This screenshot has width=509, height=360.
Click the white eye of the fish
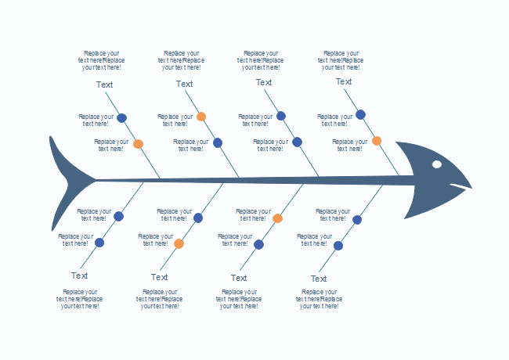point(437,164)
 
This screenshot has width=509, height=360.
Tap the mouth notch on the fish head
point(452,186)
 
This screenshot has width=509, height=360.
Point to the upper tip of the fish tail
point(51,138)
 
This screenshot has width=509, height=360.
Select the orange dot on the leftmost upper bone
point(138,144)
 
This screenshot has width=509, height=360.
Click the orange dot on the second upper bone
point(201,117)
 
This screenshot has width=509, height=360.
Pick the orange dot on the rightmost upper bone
point(377,141)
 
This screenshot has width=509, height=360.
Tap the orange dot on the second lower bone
point(179,243)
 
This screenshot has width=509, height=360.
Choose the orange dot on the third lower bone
point(277,218)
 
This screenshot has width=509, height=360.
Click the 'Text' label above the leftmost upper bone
point(104,85)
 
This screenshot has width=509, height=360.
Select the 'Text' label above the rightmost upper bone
point(344,81)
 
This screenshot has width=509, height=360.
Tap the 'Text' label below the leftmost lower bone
point(79,275)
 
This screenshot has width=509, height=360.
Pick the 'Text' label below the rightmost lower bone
point(319,279)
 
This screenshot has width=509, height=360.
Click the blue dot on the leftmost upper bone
point(121,118)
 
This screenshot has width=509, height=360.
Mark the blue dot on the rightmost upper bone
point(360,114)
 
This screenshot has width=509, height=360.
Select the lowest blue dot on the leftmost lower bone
point(99,243)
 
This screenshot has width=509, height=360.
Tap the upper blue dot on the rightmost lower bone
point(357,219)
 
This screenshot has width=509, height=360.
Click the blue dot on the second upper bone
point(218,142)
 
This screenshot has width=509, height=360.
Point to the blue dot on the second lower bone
point(198,218)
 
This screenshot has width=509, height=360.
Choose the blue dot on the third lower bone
point(258,244)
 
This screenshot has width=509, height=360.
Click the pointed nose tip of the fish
point(472,189)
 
